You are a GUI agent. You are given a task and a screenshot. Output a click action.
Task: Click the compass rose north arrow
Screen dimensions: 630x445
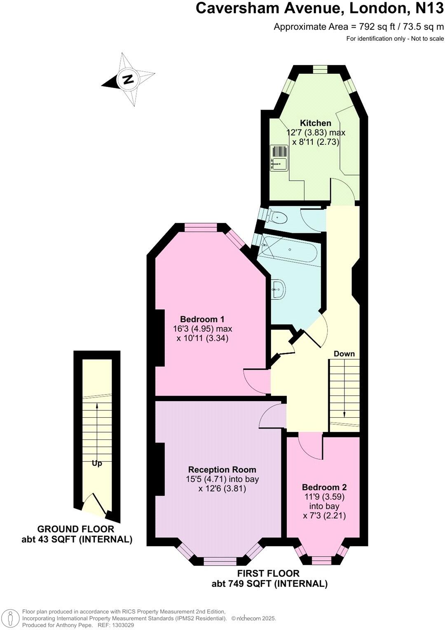tap(128, 79)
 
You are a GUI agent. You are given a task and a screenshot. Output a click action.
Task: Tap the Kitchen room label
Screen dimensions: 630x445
tap(315, 123)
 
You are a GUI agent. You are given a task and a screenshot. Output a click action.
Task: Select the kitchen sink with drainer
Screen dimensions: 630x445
tap(279, 157)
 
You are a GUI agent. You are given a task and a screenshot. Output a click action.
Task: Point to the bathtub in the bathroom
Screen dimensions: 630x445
tap(290, 250)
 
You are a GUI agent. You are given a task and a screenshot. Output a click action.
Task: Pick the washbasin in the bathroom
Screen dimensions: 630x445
tap(278, 289)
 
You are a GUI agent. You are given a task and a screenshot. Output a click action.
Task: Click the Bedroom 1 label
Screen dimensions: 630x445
tap(202, 319)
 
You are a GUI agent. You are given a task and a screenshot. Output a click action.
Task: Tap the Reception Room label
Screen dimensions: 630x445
tap(222, 470)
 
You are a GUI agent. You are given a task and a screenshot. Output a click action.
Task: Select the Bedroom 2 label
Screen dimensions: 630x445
tap(324, 487)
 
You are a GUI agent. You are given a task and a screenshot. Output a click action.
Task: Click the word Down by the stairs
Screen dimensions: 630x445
tap(344, 354)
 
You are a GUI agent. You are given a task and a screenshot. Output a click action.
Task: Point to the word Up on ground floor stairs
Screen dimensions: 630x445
tap(97, 463)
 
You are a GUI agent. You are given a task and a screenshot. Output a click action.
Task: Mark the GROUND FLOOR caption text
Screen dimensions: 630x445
tap(76, 529)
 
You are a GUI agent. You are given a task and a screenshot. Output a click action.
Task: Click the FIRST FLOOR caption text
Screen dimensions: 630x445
tap(268, 573)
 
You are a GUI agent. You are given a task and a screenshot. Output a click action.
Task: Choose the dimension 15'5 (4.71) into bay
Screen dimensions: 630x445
tap(222, 479)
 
